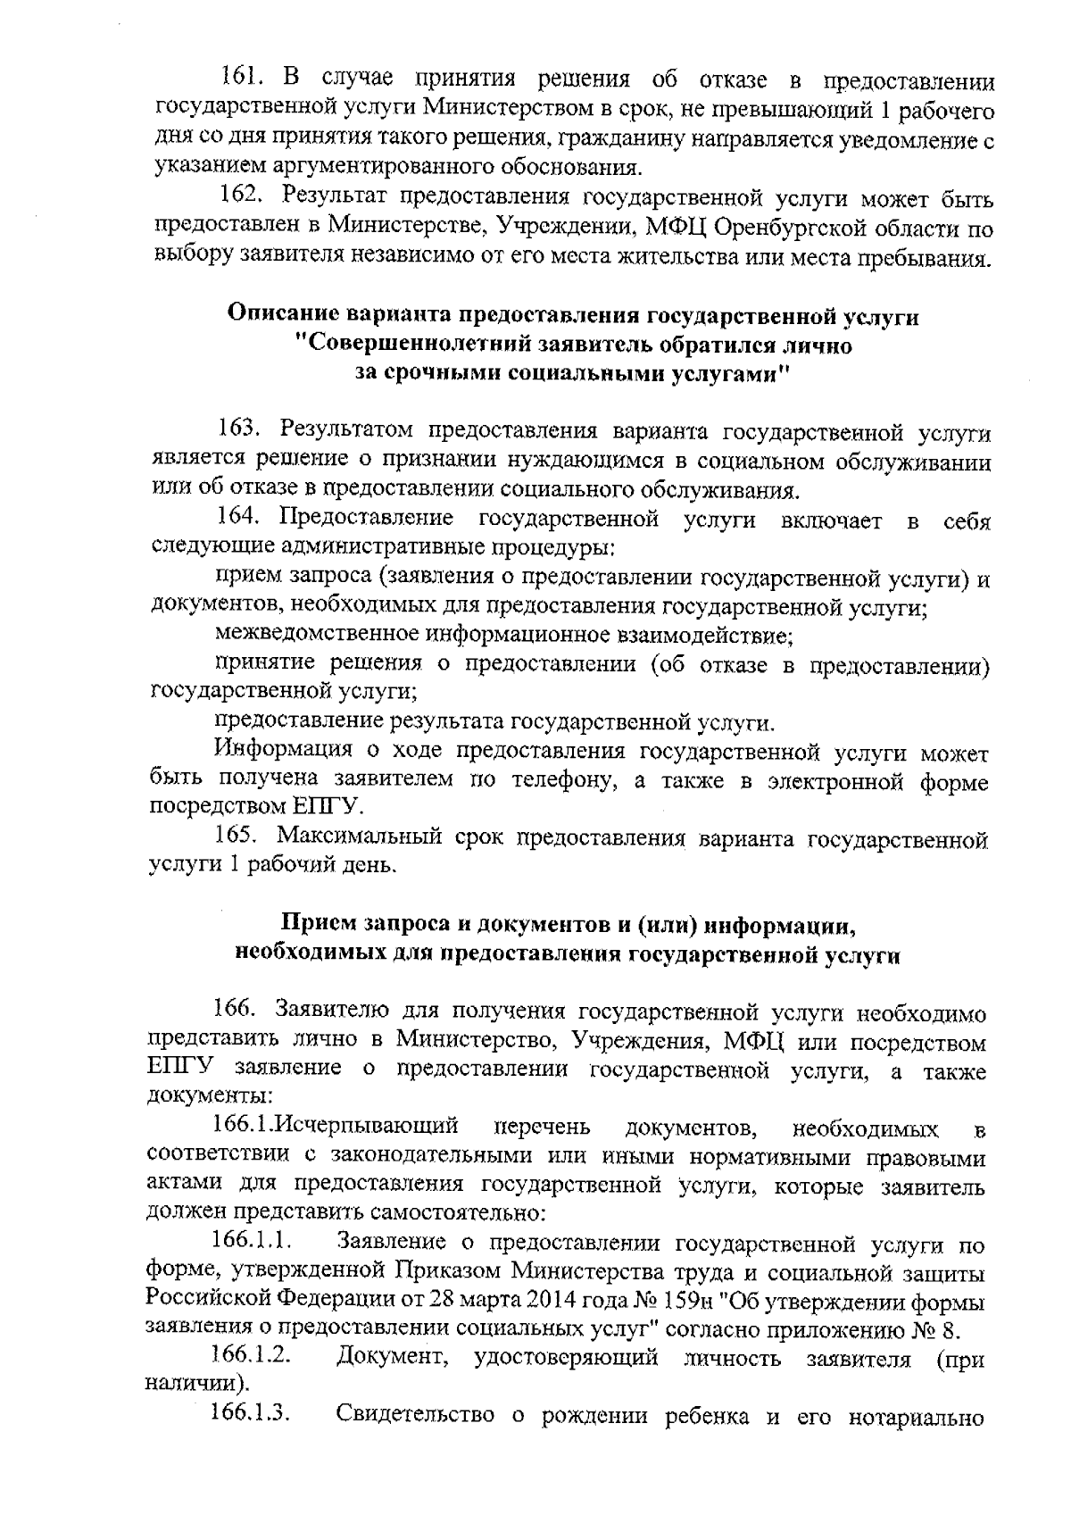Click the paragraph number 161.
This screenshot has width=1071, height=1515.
click(x=242, y=80)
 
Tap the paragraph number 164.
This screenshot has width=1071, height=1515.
click(x=238, y=517)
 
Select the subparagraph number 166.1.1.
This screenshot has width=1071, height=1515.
click(x=253, y=1241)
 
